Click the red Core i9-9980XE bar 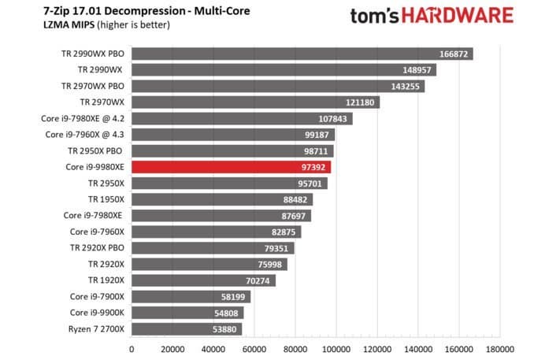pyautogui.click(x=231, y=167)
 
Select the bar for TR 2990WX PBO pyautogui.click(x=302, y=54)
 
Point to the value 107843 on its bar pyautogui.click(x=332, y=119)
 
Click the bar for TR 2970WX pyautogui.click(x=255, y=102)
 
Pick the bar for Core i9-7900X pyautogui.click(x=191, y=297)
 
